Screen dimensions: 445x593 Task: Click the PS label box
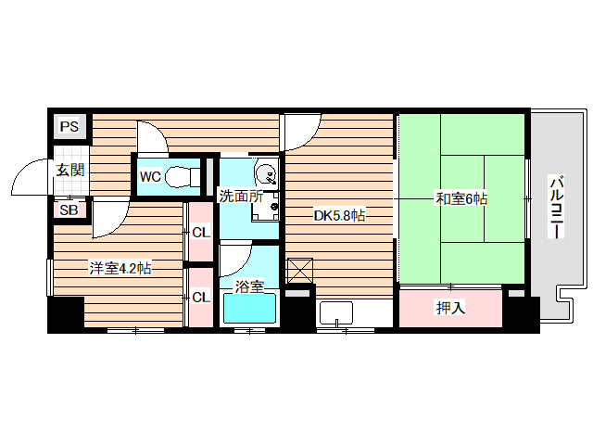pyautogui.click(x=69, y=126)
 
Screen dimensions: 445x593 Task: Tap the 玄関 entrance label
pyautogui.click(x=69, y=170)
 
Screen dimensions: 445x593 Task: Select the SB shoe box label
pyautogui.click(x=69, y=210)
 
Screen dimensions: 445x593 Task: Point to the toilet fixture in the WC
pyautogui.click(x=187, y=175)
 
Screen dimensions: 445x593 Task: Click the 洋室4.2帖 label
pyautogui.click(x=120, y=269)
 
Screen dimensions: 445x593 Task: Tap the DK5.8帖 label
pyautogui.click(x=338, y=216)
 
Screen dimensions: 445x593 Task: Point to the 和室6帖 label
pyautogui.click(x=462, y=198)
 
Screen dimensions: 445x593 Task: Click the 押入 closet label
pyautogui.click(x=450, y=308)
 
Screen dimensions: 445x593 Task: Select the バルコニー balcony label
pyautogui.click(x=557, y=207)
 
